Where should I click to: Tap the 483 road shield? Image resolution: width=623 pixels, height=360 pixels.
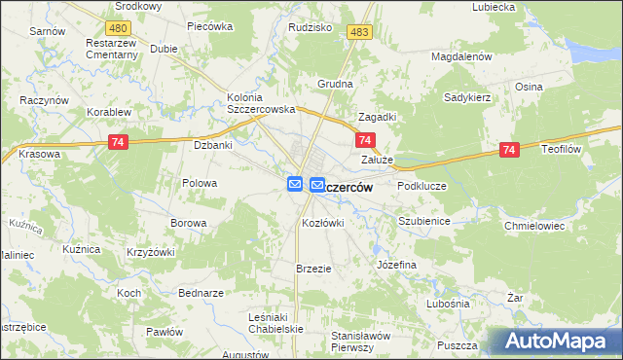[x=359, y=33]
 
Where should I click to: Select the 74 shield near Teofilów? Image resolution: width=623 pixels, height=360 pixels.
[x=509, y=150]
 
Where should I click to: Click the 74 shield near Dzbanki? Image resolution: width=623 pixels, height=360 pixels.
[x=116, y=142]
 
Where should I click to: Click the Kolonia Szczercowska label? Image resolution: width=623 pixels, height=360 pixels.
[x=260, y=103]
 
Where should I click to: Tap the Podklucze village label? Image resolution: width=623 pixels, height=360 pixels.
[x=421, y=185]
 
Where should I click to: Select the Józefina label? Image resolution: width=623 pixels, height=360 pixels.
[x=396, y=264]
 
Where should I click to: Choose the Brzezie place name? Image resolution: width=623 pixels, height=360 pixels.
[x=313, y=268]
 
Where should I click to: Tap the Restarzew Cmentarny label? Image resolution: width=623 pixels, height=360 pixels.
[x=111, y=50]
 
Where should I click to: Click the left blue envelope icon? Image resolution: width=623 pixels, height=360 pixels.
[x=295, y=184]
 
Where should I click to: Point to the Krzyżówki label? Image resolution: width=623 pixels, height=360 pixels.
[x=150, y=252]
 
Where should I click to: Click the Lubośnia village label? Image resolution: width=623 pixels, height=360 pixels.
[x=448, y=304]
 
